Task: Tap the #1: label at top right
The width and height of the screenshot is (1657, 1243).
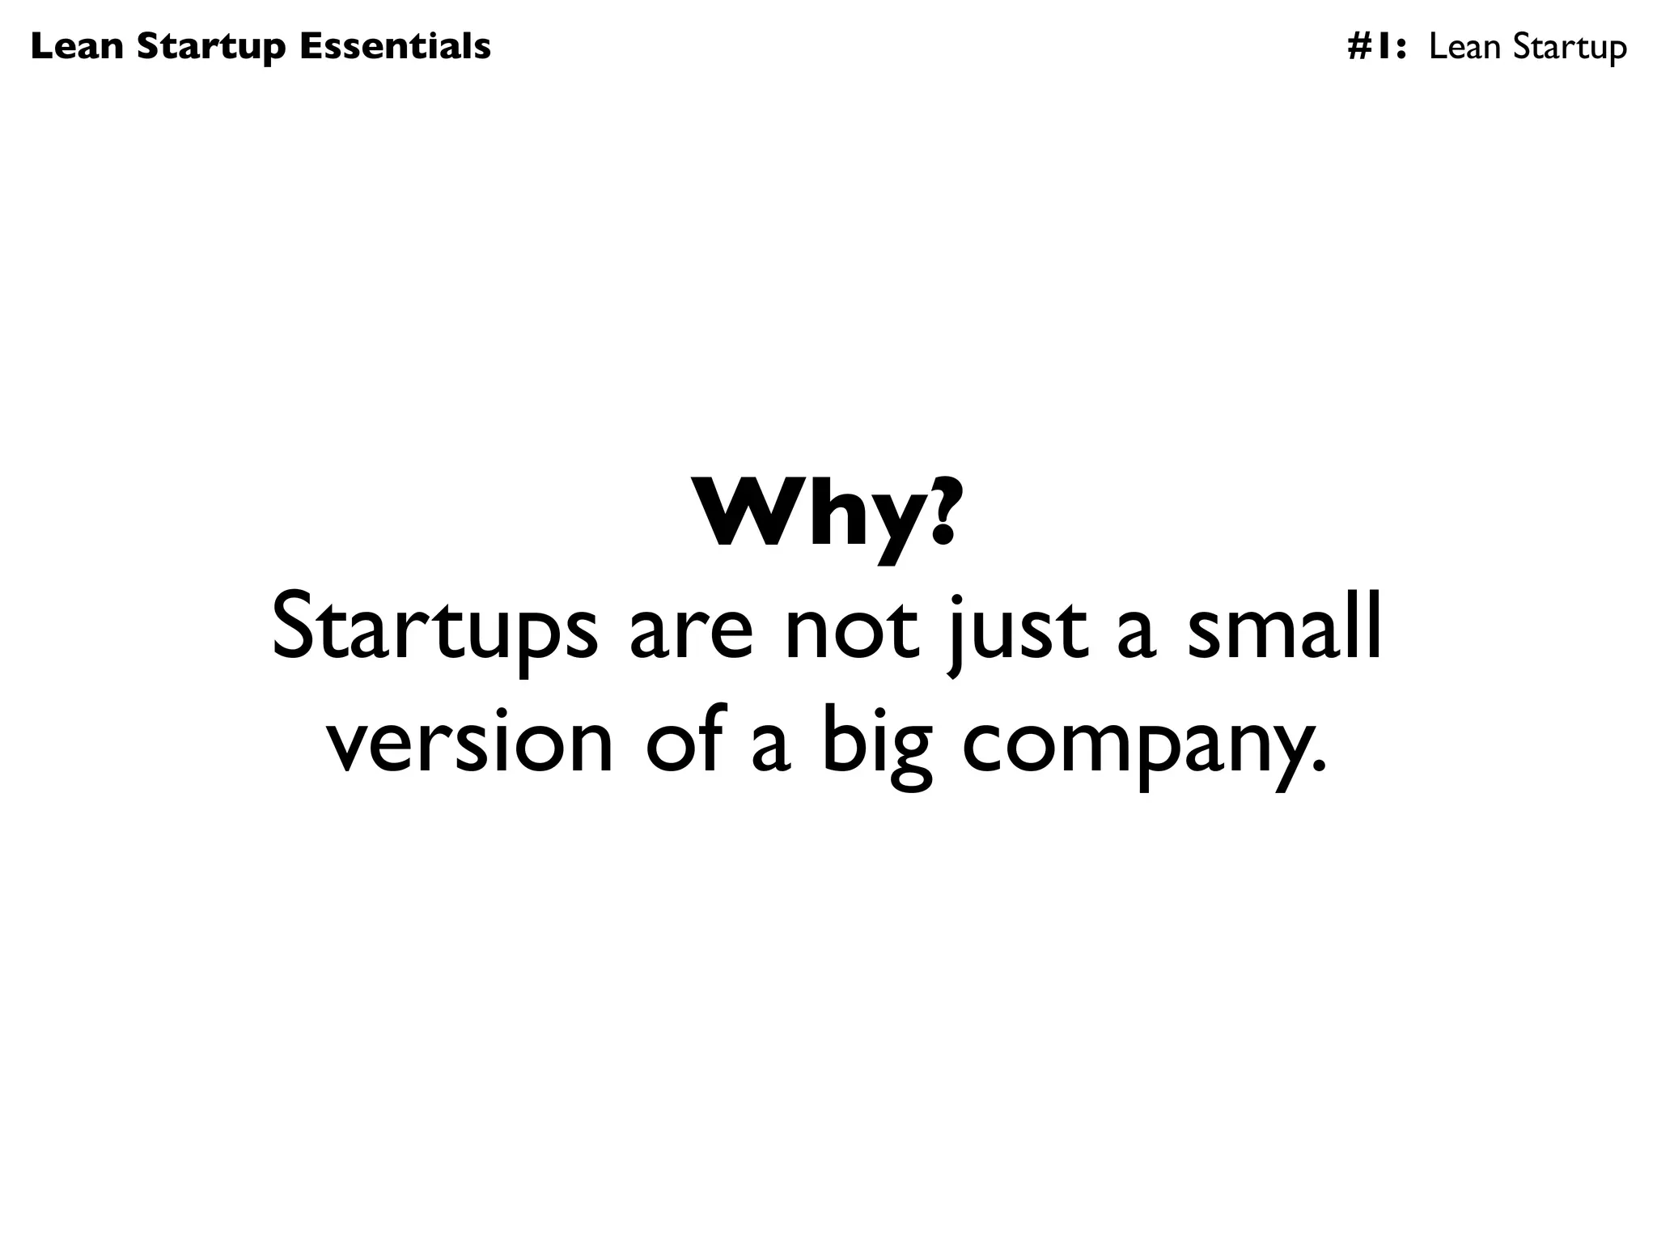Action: [x=1376, y=47]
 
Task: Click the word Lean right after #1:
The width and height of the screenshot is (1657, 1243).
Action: [x=1465, y=47]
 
